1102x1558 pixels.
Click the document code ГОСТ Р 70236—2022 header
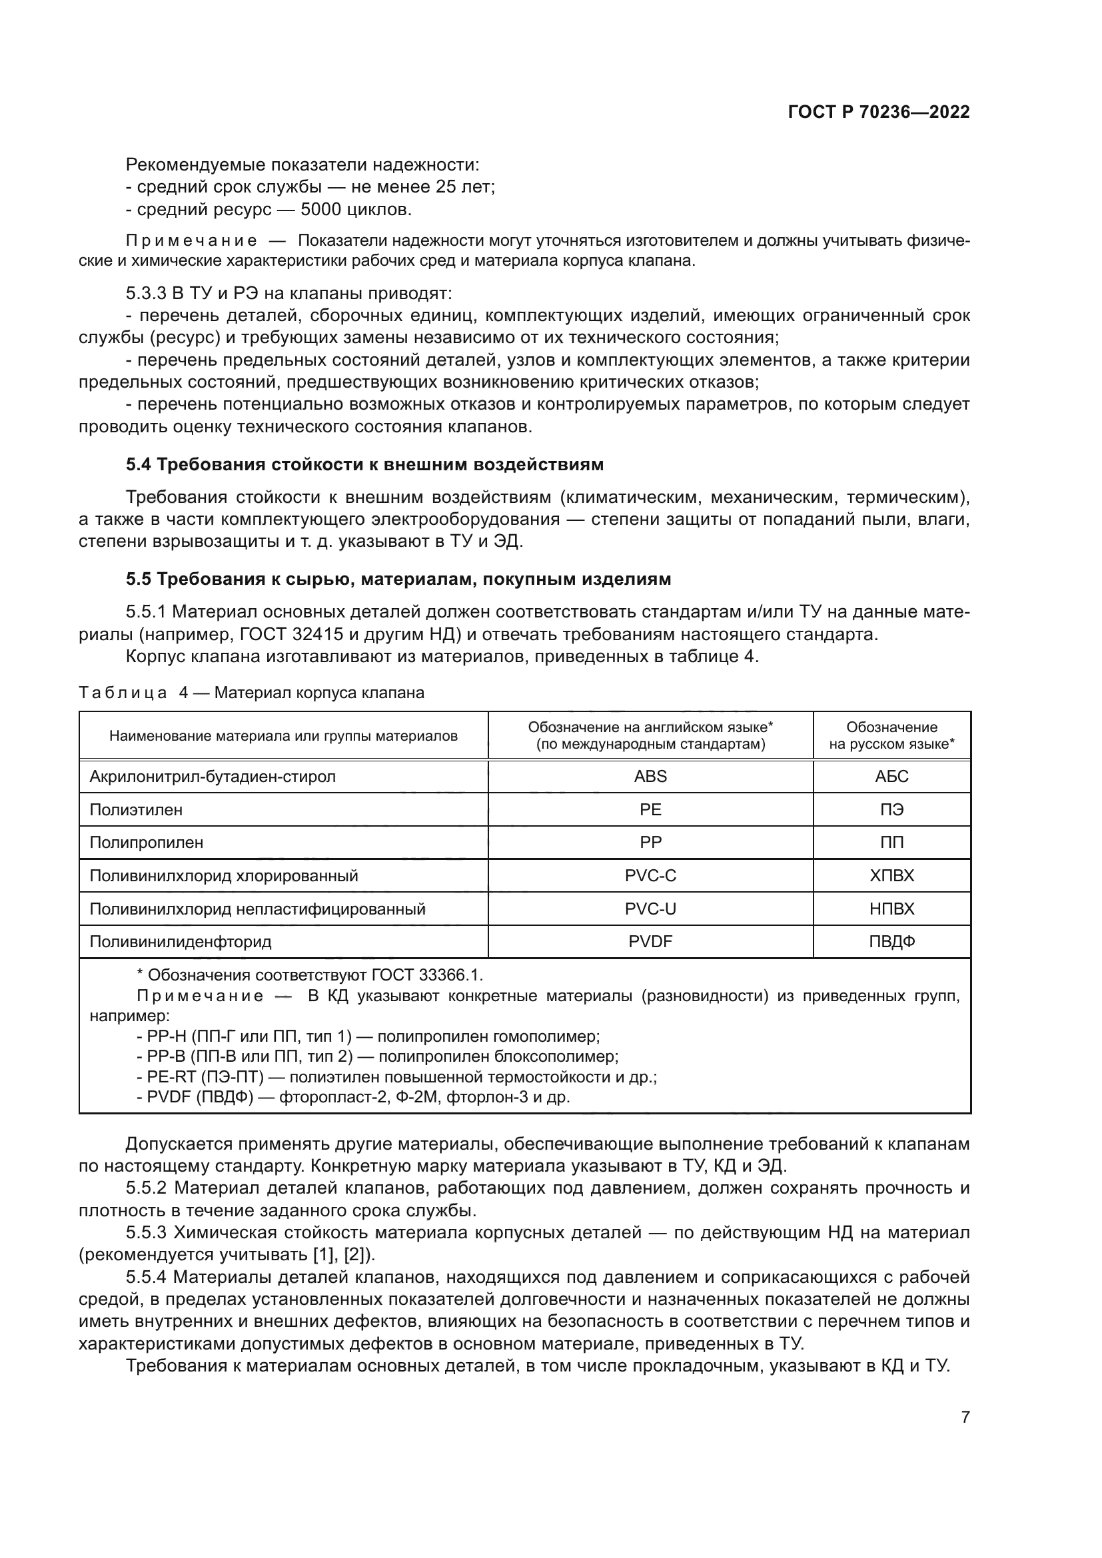(x=878, y=113)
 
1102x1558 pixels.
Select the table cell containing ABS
(x=650, y=776)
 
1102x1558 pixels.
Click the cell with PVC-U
(x=650, y=909)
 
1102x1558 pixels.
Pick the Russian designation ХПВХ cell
(x=891, y=875)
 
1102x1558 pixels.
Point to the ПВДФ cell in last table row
(x=891, y=942)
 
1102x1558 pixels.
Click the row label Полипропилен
(x=147, y=842)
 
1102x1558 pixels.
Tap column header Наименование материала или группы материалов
(x=283, y=735)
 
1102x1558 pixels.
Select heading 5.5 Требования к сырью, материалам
(x=398, y=579)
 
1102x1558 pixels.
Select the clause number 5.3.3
(x=146, y=293)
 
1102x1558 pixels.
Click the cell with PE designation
(x=650, y=809)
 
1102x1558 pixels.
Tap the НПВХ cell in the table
(x=891, y=909)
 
